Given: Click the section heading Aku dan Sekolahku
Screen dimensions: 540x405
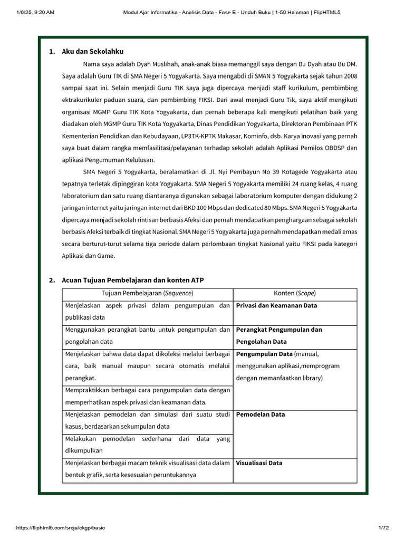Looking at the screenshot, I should pyautogui.click(x=93, y=52).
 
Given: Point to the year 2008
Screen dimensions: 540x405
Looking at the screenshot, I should pyautogui.click(x=350, y=76).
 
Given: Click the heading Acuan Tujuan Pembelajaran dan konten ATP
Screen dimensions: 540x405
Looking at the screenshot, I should pyautogui.click(x=133, y=280).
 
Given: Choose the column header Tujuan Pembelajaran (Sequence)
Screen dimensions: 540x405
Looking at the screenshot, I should pyautogui.click(x=148, y=293).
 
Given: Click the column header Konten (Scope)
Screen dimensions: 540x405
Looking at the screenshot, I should pyautogui.click(x=295, y=293).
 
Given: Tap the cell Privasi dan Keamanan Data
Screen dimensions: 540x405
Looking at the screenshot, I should pyautogui.click(x=276, y=305).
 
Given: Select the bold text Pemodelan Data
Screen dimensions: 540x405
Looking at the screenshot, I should pyautogui.click(x=260, y=414).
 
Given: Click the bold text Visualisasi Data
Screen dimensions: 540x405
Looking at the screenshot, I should pyautogui.click(x=259, y=463).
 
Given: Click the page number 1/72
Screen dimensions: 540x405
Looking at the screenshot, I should pyautogui.click(x=383, y=528).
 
